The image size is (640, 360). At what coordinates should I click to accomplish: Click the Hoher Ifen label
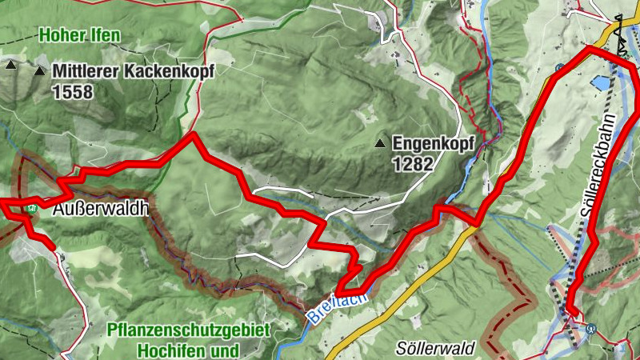tap(78, 35)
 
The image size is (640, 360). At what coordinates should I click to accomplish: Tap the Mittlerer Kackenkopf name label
tap(134, 71)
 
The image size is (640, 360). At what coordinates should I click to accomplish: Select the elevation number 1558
tap(73, 92)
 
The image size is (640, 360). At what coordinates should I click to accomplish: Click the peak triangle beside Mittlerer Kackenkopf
tap(40, 70)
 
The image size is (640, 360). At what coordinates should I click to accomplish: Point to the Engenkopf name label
tap(434, 144)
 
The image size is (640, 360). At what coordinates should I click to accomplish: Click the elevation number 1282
tap(413, 164)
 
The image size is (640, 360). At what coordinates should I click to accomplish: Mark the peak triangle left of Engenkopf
tap(381, 144)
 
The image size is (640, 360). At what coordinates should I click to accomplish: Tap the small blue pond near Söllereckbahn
tap(598, 82)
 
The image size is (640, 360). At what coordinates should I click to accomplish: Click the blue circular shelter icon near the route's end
tap(592, 327)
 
